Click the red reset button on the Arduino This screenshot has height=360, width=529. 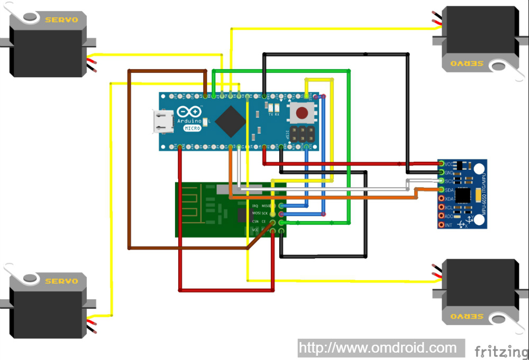point(303,113)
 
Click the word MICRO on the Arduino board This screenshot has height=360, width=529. point(192,128)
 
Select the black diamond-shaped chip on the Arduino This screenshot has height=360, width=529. point(230,121)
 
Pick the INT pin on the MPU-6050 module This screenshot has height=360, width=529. point(441,225)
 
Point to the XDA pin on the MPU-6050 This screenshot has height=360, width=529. point(441,199)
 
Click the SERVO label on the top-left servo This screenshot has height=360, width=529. point(61,20)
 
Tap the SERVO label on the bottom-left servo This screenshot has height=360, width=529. point(61,281)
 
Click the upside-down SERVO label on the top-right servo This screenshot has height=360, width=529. point(467,63)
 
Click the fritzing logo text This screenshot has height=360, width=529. point(500,351)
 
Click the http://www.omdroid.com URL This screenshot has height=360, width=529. point(378,348)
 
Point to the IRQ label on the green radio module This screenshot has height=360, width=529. point(255,205)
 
